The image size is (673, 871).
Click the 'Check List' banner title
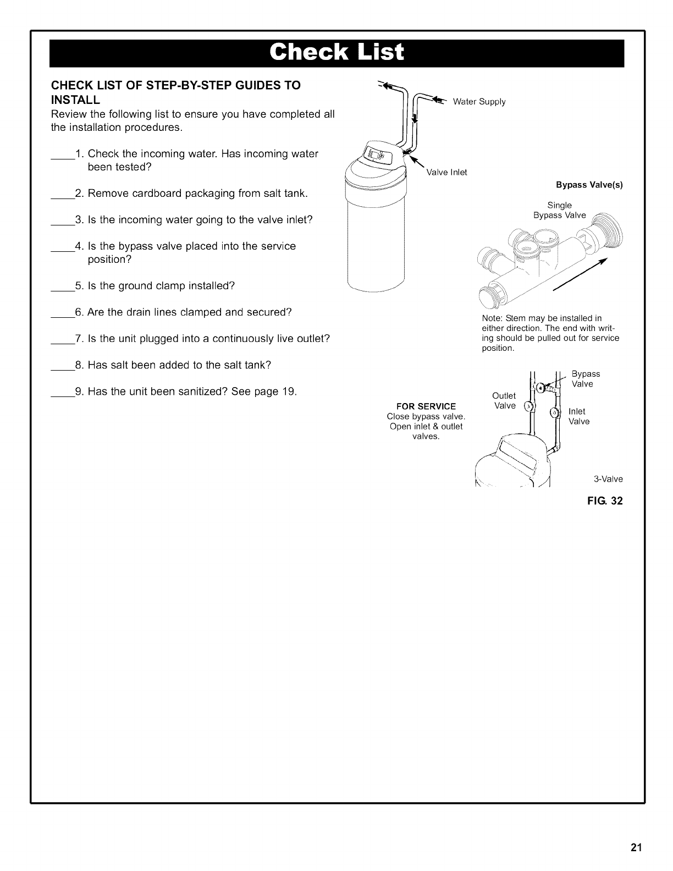[336, 53]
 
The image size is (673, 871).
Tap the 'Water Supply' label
[479, 102]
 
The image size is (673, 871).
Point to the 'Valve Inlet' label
[446, 173]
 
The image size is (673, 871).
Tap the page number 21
[636, 847]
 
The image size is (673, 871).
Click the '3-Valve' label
[608, 479]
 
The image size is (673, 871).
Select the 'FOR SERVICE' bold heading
[426, 406]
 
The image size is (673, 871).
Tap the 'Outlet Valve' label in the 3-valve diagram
[504, 401]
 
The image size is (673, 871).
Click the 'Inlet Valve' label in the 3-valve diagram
[578, 416]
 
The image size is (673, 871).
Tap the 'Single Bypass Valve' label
[560, 210]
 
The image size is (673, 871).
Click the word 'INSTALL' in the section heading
[75, 100]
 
